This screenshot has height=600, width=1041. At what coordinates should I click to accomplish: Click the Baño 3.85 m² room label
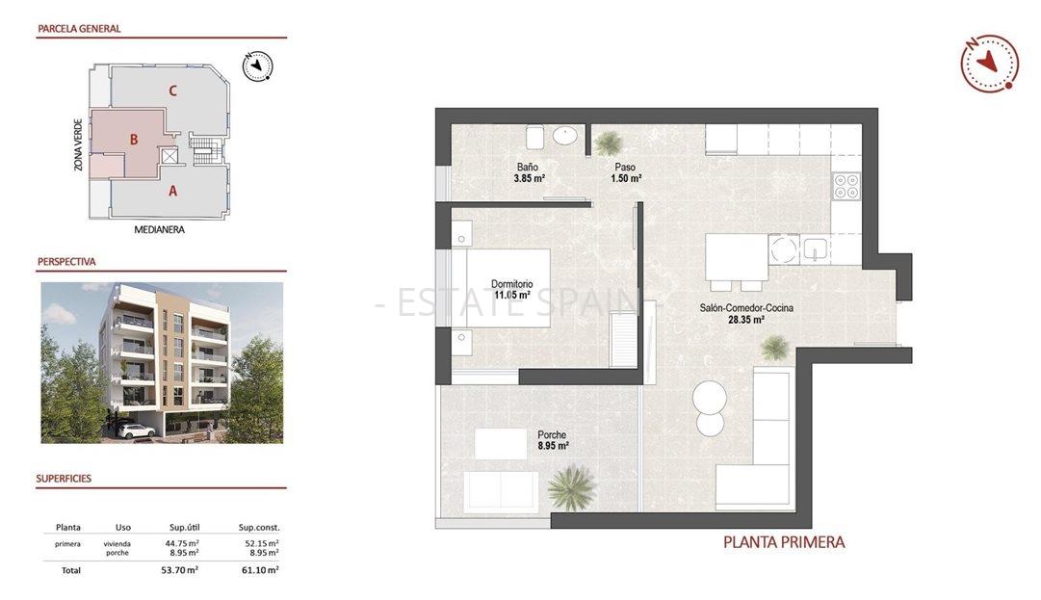(530, 172)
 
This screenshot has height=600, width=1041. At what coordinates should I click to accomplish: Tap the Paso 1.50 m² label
(628, 172)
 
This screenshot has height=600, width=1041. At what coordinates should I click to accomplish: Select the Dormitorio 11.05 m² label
(511, 290)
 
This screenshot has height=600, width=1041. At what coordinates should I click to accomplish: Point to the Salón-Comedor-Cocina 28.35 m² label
(745, 314)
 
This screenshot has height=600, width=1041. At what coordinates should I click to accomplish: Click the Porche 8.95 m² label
(553, 440)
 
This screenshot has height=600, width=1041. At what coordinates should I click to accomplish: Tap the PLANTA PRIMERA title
(784, 542)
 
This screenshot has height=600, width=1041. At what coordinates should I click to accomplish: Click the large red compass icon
(989, 63)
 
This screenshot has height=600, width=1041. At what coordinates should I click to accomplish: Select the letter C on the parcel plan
(172, 91)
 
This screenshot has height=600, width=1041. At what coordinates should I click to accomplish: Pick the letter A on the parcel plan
(172, 191)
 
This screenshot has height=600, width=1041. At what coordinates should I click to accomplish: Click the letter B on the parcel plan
(134, 140)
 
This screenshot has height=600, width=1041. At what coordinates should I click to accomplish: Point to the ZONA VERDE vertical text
(78, 144)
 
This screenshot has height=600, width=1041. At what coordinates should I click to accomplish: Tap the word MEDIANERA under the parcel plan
(159, 230)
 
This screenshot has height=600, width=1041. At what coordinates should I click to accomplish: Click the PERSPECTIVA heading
(66, 261)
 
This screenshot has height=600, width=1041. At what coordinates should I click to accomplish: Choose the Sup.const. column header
(259, 527)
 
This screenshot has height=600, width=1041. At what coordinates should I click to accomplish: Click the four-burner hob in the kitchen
(846, 185)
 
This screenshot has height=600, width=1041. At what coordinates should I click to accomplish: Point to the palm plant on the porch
(572, 486)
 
